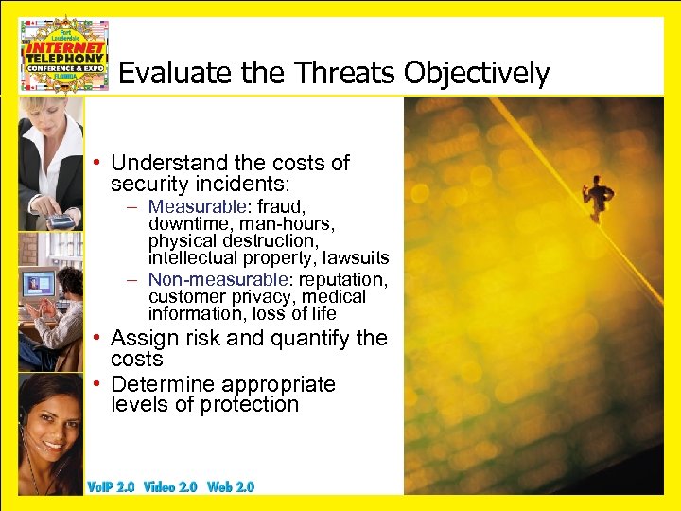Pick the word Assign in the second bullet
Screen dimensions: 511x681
(x=140, y=338)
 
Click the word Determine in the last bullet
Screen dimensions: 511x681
(x=162, y=384)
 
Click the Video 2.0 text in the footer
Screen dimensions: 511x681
(x=171, y=486)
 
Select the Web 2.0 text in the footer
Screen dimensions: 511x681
(x=231, y=486)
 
